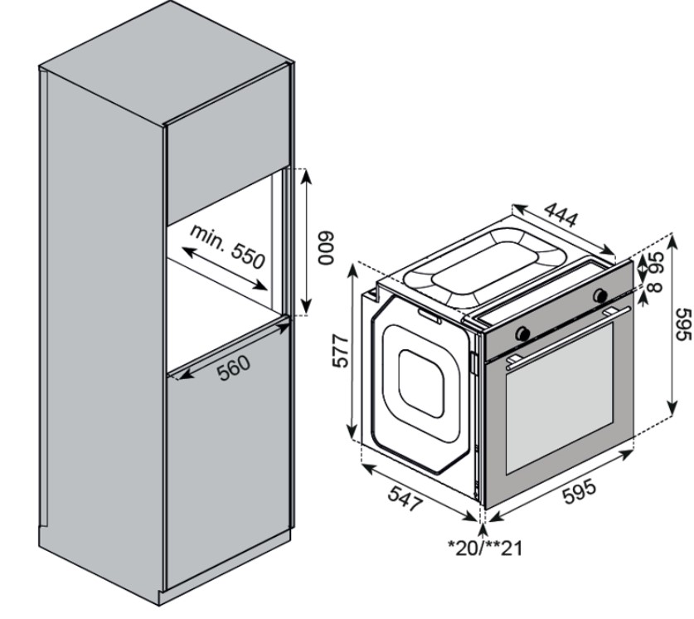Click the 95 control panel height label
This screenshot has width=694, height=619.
[x=657, y=265]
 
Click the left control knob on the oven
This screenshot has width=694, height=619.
[x=523, y=333]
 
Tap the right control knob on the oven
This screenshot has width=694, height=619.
[x=599, y=295]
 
